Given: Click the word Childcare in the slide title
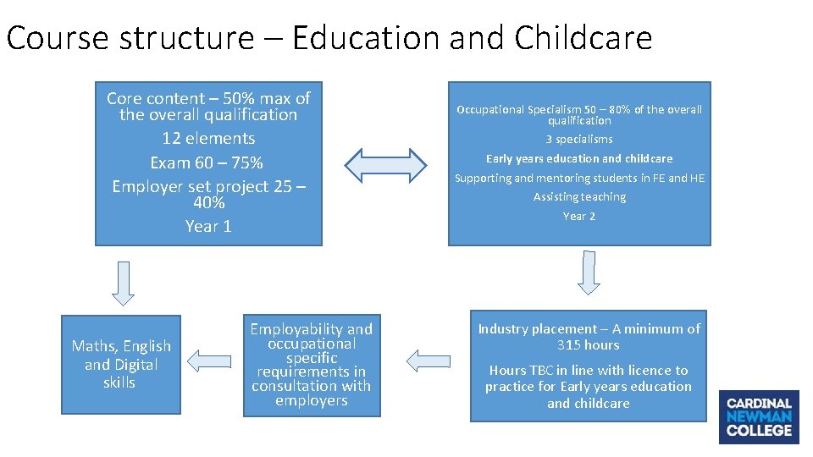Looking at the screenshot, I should (583, 38).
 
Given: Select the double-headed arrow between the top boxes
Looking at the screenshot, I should (385, 165).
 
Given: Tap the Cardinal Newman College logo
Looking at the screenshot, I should (759, 416).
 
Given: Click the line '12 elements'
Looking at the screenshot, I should (208, 138).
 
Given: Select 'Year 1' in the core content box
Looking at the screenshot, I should (208, 226).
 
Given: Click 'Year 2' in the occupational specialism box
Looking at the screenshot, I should (579, 216).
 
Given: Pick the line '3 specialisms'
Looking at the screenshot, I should (579, 139).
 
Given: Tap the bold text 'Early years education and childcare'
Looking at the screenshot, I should (579, 158).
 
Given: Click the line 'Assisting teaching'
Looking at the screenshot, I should (579, 196).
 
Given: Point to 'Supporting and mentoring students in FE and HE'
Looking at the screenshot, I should (579, 178).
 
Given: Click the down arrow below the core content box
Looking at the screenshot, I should (124, 283).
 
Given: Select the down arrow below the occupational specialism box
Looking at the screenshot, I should (589, 272).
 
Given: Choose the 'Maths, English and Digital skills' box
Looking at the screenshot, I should (121, 364).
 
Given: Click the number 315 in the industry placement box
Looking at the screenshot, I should (571, 344).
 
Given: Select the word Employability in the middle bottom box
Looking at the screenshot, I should (285, 329).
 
